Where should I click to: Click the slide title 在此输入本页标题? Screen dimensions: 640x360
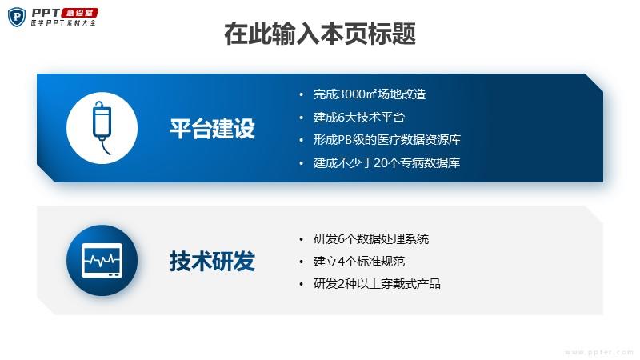320,34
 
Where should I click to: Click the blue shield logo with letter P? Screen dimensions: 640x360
17,17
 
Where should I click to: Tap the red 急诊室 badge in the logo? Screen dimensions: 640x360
79,13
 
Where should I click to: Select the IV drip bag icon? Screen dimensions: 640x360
102,128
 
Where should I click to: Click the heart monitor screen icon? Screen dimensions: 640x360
102,261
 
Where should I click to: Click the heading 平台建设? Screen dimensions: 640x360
212,129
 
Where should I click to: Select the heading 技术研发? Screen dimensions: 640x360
212,262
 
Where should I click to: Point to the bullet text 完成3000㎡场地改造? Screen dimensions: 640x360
370,94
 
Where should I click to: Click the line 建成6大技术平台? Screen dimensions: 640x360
358,118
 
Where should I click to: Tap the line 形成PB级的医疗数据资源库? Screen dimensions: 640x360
387,140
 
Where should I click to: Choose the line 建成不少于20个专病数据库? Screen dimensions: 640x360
386,163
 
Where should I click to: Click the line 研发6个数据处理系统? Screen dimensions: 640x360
371,239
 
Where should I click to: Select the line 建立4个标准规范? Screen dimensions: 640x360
358,262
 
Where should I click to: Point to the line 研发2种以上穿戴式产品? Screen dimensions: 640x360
377,284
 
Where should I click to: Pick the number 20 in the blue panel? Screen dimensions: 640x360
380,163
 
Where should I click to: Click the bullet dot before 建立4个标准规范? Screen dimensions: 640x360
302,262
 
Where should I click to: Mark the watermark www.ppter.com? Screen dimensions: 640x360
598,352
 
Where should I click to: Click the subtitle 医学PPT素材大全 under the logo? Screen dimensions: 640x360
63,23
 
